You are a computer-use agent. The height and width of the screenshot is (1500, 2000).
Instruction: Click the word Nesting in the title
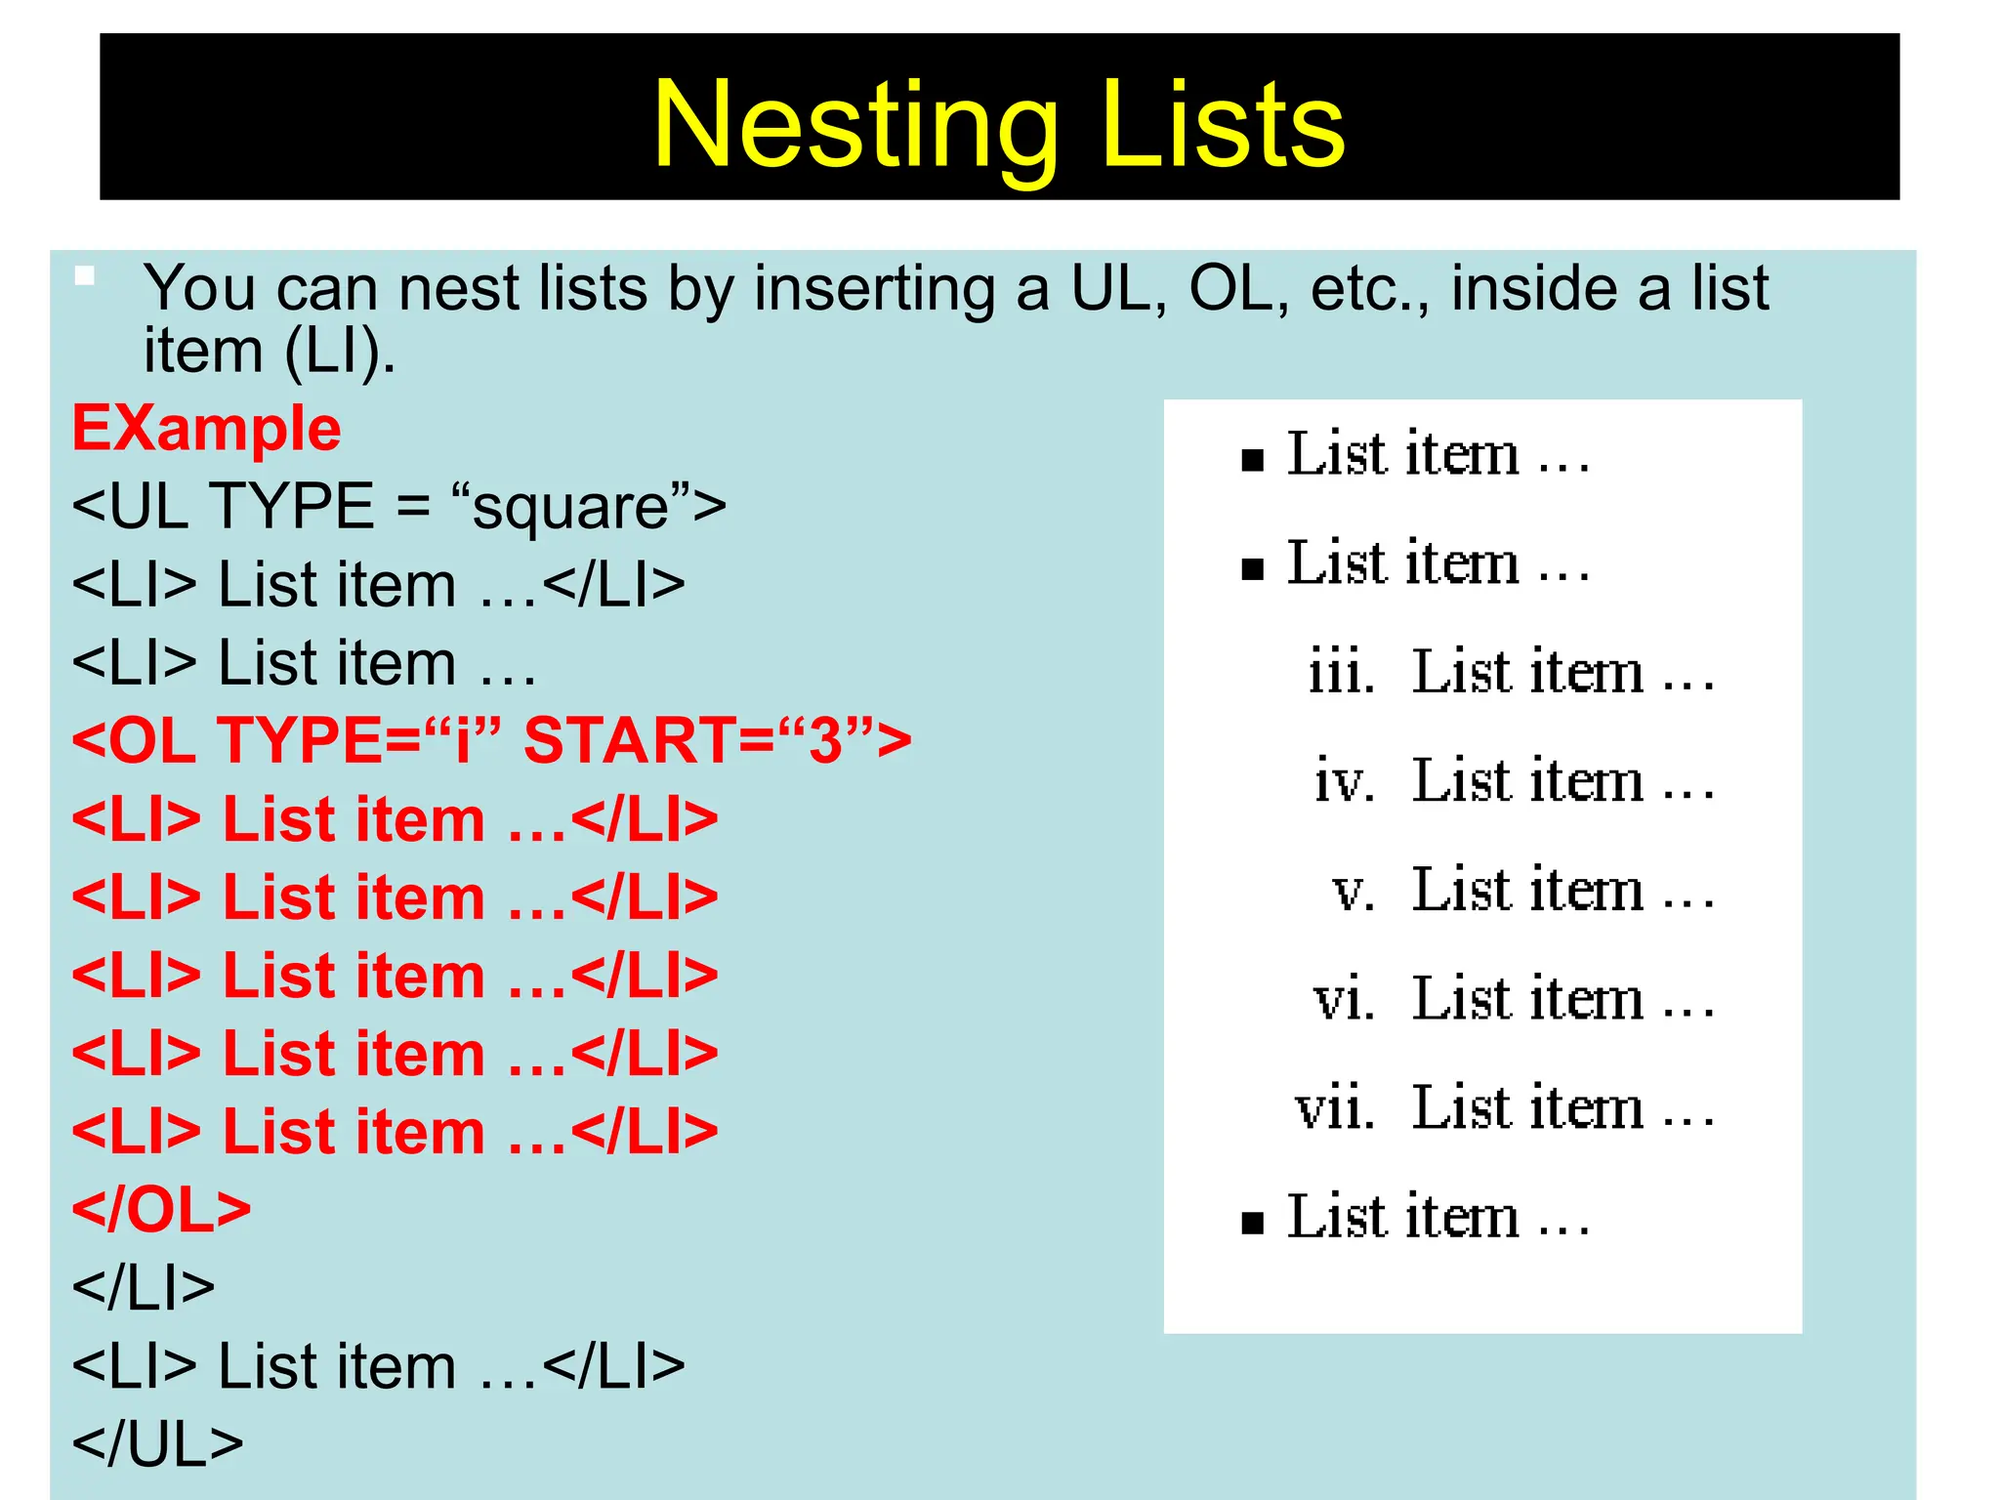click(855, 125)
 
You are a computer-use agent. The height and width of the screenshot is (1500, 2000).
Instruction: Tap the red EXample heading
click(206, 429)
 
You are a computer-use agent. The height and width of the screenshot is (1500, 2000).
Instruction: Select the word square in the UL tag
click(570, 508)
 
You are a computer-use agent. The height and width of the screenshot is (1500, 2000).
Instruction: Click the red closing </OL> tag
click(161, 1209)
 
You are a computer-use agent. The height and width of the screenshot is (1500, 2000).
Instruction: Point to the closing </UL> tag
click(157, 1444)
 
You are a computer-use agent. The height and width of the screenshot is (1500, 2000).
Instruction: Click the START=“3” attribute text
click(717, 740)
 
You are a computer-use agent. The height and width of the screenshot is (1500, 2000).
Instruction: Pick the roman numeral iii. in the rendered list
click(1341, 673)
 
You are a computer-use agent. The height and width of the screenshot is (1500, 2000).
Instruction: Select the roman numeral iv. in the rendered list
click(1344, 782)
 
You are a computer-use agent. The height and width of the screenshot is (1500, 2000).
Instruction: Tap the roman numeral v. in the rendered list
click(1354, 892)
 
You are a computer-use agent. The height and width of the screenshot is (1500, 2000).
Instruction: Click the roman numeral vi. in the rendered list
click(1344, 1000)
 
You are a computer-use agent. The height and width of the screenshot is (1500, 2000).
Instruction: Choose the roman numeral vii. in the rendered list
click(1335, 1109)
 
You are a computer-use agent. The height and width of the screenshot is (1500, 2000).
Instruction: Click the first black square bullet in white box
click(1252, 460)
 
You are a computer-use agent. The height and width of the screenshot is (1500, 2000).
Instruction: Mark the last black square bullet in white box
click(1252, 1223)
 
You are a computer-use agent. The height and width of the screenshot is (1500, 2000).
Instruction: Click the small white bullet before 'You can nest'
click(85, 276)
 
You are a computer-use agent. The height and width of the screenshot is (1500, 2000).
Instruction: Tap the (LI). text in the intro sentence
click(340, 352)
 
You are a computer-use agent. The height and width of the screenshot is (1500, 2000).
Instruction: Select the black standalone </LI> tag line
click(144, 1288)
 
